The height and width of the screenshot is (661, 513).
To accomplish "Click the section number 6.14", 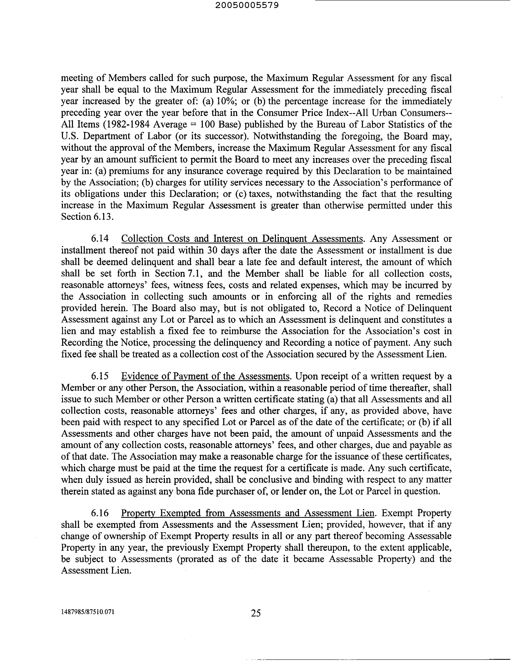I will [100, 239].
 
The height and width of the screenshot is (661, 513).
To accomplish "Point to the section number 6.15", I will [100, 376].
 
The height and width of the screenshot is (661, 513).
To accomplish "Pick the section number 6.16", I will [100, 513].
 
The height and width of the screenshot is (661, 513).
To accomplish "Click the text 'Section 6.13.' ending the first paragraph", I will [87, 217].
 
